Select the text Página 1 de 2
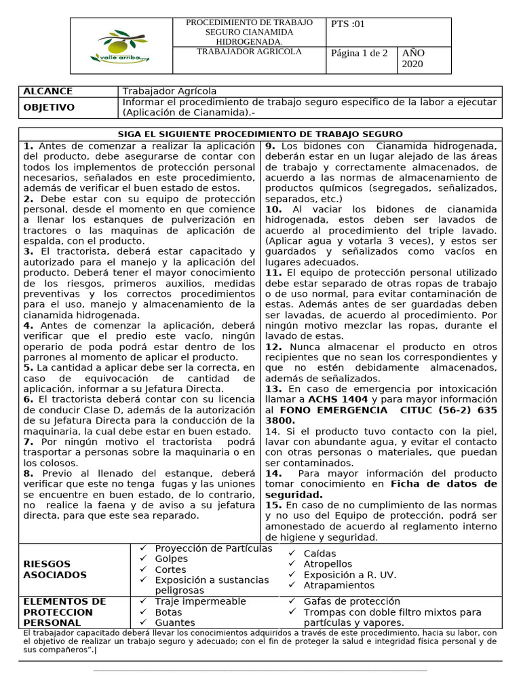[x=359, y=53]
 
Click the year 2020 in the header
[x=411, y=64]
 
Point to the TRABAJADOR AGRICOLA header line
[x=249, y=52]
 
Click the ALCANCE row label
[x=48, y=92]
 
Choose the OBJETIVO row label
[x=49, y=107]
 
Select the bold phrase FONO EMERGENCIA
[x=324, y=411]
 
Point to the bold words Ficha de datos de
[x=444, y=484]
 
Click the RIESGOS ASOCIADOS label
[x=55, y=569]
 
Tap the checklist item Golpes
[x=171, y=559]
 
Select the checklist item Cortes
[x=170, y=569]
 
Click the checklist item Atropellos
[x=328, y=564]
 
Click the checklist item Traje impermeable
[x=200, y=601]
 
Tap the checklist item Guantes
[x=174, y=622]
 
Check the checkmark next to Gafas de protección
[x=292, y=601]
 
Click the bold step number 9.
[x=269, y=146]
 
